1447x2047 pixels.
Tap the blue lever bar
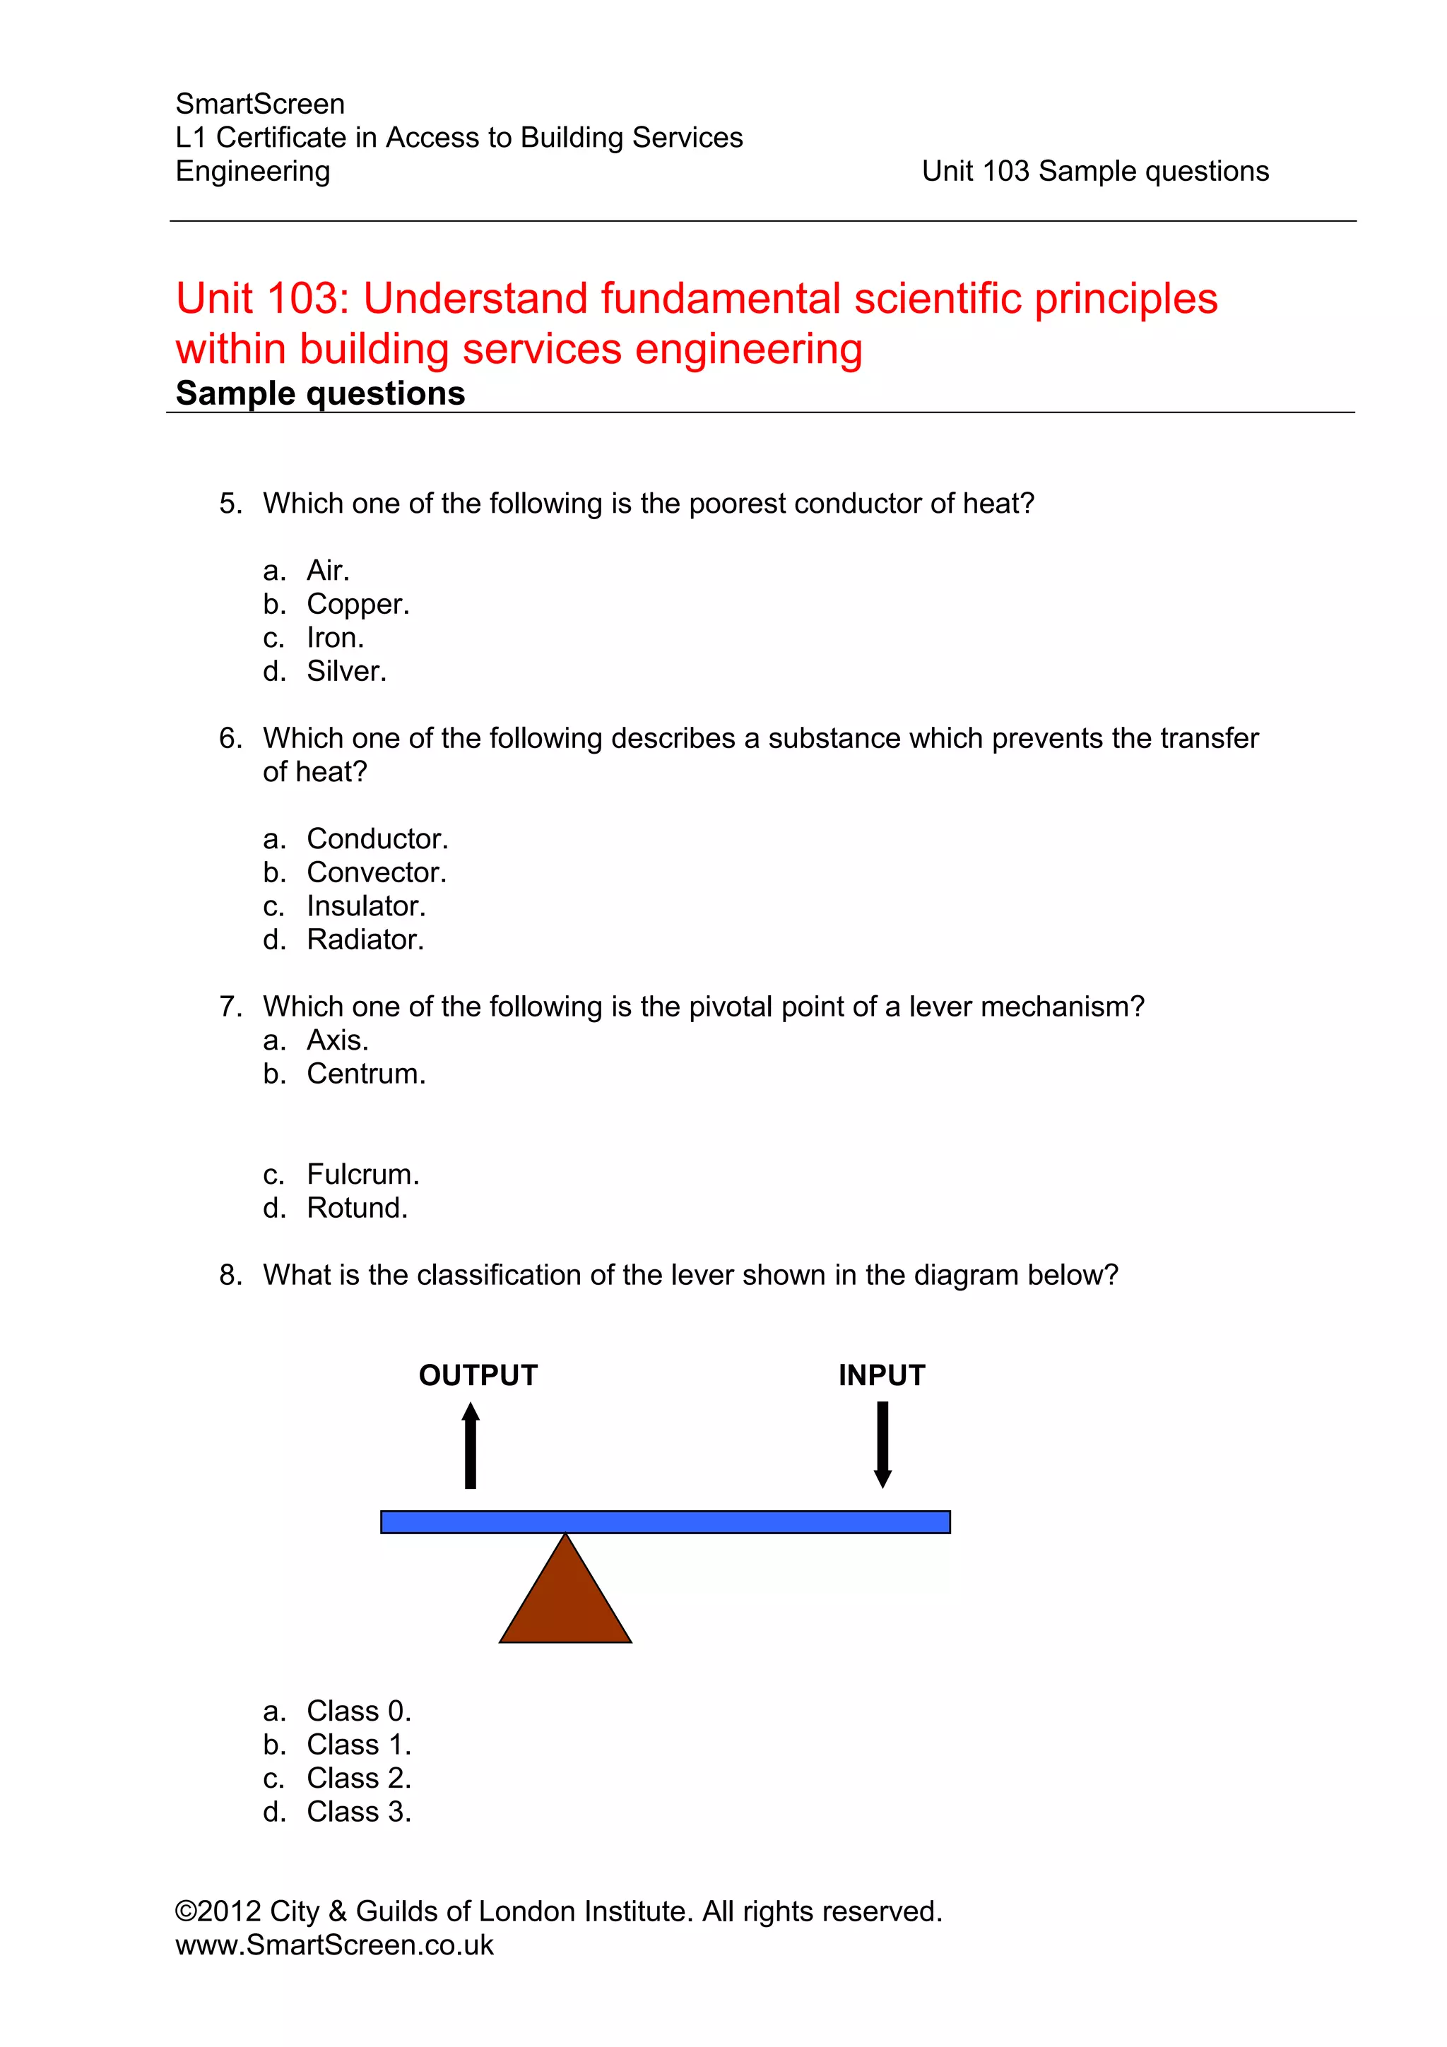click(x=665, y=1522)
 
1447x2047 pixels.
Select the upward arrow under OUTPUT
click(x=471, y=1444)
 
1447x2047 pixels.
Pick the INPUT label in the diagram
click(x=882, y=1376)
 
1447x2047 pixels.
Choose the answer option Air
click(x=328, y=571)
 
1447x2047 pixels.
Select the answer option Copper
click(x=358, y=605)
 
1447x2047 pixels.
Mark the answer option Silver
click(x=347, y=671)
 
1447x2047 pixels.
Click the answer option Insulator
click(x=365, y=906)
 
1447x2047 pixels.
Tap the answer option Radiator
click(x=365, y=939)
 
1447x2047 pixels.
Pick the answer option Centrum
click(x=365, y=1074)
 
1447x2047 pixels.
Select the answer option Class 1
click(x=358, y=1745)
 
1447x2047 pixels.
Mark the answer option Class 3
click(x=358, y=1812)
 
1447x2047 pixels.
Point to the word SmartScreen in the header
click(x=260, y=105)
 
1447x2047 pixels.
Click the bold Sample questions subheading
click(x=320, y=393)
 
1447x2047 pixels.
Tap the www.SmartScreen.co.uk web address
click(x=334, y=1945)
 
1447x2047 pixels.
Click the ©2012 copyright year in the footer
click(x=218, y=1911)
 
